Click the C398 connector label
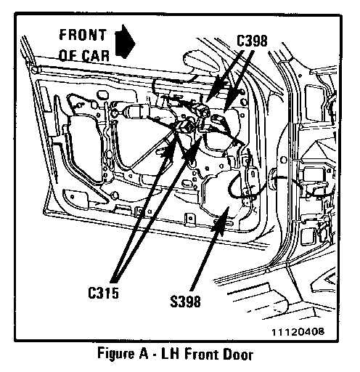coord(252,41)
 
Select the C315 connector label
coord(103,293)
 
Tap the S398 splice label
coord(186,302)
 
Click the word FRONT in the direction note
coord(83,35)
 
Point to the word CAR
coord(96,56)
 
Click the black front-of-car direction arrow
coord(125,41)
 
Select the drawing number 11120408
coord(298,331)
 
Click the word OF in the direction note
coord(68,56)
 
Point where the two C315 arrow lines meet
coord(114,282)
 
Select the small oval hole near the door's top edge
coord(102,94)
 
